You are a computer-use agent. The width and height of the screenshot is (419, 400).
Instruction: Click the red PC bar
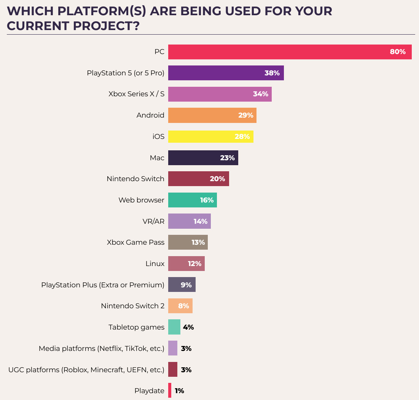(290, 52)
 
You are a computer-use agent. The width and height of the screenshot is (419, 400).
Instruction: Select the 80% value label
(398, 52)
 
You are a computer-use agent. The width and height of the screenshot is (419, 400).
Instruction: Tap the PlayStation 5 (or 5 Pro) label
(126, 73)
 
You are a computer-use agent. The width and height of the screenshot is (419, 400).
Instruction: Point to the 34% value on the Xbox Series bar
(261, 94)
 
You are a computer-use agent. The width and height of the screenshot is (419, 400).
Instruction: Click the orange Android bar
(212, 115)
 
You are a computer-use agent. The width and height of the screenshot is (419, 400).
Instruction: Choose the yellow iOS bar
(210, 137)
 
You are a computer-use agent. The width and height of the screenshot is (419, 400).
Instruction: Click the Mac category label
(157, 158)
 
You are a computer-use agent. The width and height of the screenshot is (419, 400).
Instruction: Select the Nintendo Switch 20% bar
(199, 179)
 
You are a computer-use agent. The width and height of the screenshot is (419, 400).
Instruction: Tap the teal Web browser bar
(193, 200)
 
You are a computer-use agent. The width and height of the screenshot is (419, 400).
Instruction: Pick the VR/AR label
(153, 222)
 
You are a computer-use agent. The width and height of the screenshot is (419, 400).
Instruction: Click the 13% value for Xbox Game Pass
(198, 242)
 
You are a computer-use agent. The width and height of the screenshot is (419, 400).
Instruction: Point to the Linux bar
(186, 264)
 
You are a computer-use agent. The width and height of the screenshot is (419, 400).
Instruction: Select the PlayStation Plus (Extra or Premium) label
(103, 285)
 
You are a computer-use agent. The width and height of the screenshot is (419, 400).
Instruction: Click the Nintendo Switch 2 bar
(180, 306)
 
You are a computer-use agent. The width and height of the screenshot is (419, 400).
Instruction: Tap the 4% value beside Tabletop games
(188, 327)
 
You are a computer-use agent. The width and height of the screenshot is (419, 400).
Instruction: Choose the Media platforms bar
(173, 348)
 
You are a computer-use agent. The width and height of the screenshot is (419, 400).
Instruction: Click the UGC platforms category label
(86, 370)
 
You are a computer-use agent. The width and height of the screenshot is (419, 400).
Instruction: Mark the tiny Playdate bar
(170, 390)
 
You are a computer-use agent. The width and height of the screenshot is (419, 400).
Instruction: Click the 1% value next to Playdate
(179, 391)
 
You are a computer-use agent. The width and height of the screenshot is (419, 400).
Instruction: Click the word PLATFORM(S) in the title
(102, 11)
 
